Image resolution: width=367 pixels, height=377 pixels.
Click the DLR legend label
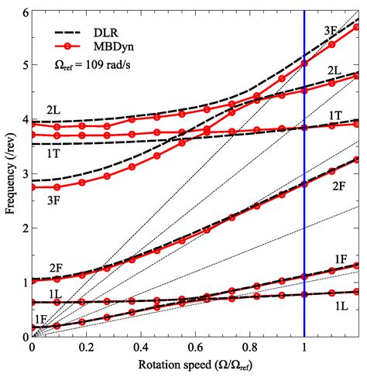click(107, 33)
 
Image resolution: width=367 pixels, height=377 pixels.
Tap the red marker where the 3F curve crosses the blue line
click(304, 64)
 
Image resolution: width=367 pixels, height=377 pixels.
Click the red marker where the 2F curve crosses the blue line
click(304, 184)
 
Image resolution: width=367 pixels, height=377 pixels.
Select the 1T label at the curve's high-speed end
click(335, 115)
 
